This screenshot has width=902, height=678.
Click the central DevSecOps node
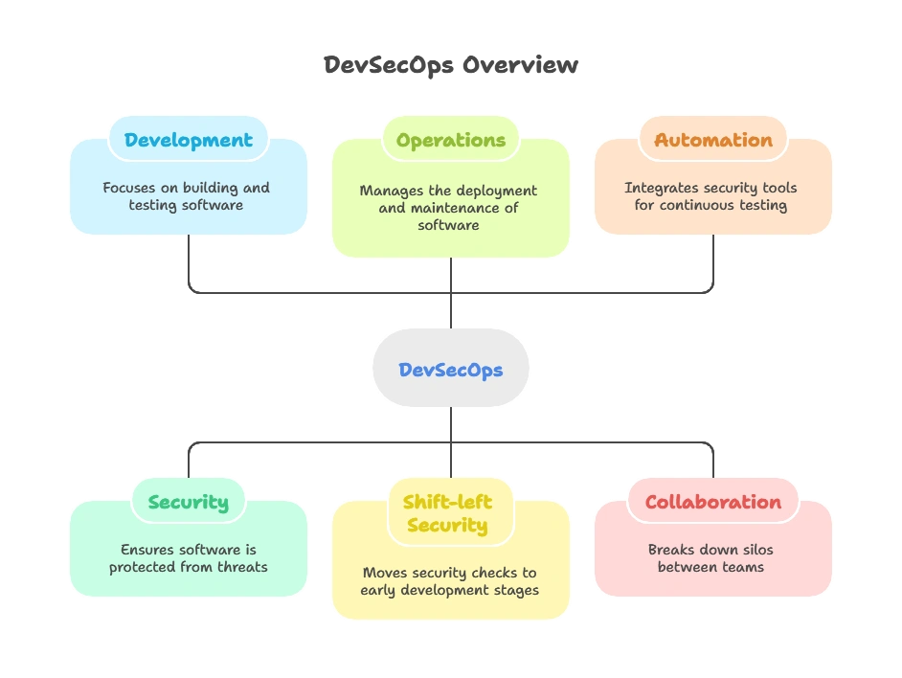[x=450, y=370]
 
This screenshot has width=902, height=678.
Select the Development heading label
[x=188, y=140]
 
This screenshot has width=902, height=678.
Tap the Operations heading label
[x=450, y=140]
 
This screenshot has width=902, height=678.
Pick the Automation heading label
[x=712, y=140]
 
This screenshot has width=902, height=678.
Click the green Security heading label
[x=188, y=502]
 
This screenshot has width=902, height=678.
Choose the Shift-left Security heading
[x=450, y=513]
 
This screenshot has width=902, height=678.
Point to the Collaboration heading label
[x=712, y=502]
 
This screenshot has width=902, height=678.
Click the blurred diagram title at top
[x=450, y=66]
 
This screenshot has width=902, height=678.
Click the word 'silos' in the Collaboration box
[x=754, y=550]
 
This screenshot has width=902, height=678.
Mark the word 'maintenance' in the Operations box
[x=455, y=208]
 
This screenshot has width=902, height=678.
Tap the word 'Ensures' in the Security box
[x=148, y=550]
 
